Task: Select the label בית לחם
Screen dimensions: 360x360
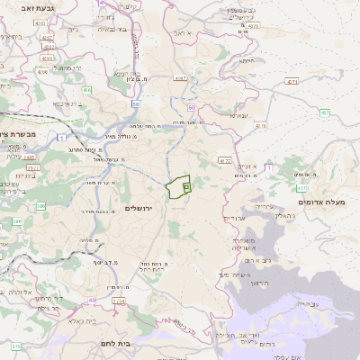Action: [x=136, y=343]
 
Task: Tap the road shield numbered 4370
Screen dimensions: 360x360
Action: [x=301, y=188]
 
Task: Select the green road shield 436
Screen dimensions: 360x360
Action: [x=87, y=90]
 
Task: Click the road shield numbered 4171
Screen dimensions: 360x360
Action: [x=292, y=81]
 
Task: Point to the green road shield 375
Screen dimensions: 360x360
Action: [x=15, y=346]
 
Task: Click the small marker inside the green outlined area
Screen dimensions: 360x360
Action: [x=185, y=186]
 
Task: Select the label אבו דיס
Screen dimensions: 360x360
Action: [x=232, y=218]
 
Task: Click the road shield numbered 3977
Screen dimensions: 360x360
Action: [x=31, y=166]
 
